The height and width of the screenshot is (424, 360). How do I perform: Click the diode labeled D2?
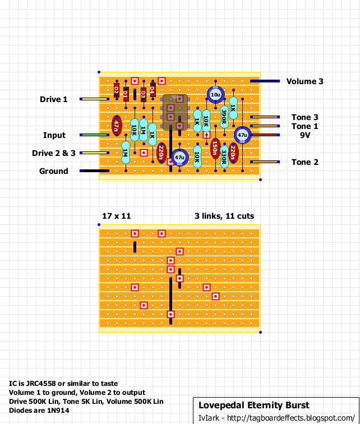coord(117,90)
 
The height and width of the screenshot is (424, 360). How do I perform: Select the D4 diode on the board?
coord(153,90)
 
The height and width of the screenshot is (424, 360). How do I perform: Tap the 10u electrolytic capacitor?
coord(215,95)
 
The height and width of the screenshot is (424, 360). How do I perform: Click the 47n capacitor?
coord(117,126)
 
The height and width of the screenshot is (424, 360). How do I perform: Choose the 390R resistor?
coord(224,117)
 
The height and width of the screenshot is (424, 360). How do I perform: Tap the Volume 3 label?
coord(304,81)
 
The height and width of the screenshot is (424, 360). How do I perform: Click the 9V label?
coord(305,135)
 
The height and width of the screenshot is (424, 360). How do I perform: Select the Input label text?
coord(54,135)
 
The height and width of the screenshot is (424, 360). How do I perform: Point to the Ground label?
coord(53,171)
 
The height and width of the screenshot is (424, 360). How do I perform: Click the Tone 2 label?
coord(305,162)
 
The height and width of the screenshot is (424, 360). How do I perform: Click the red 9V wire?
coord(265,135)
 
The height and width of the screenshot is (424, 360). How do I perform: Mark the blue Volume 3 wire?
coord(265,81)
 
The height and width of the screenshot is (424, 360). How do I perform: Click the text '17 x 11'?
coord(116,216)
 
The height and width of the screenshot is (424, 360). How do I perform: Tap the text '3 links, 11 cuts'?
coord(224,216)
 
